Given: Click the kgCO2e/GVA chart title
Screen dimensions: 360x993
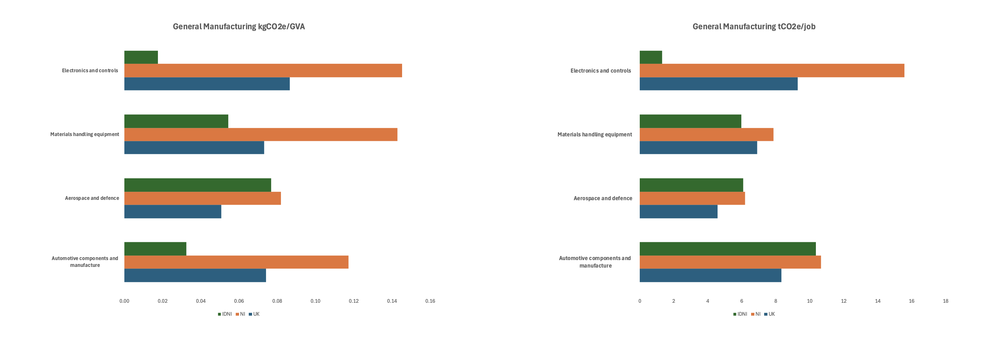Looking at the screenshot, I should tap(239, 27).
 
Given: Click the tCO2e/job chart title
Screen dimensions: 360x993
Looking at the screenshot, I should tap(754, 27).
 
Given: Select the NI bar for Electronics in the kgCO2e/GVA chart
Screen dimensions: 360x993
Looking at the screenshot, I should tap(263, 71).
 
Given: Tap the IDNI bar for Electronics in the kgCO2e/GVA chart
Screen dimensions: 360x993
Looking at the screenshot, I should tap(141, 57).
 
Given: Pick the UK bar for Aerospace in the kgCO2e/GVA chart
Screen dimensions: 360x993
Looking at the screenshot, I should tap(173, 212).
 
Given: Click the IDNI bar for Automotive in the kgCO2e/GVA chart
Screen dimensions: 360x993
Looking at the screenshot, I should tap(155, 249).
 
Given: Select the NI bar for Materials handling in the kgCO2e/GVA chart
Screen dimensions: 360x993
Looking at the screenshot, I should tap(260, 134).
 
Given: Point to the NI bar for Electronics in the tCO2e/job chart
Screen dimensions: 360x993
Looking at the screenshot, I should tap(772, 71).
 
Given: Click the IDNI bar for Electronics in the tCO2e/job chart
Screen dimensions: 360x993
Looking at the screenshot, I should tap(651, 57).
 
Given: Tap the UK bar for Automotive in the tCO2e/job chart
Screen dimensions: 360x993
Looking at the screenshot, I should tap(710, 275).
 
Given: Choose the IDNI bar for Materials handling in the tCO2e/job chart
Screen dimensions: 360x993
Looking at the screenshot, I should tap(690, 121).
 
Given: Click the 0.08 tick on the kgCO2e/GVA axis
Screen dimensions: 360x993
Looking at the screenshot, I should tap(277, 301).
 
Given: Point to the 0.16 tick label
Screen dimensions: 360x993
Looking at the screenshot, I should tap(430, 301).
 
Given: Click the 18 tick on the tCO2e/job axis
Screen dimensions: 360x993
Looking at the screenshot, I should tap(945, 301).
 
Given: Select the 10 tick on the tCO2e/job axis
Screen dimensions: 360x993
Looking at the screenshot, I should tap(809, 301).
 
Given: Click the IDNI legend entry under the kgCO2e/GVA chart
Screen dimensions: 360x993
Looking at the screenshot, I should tap(225, 314).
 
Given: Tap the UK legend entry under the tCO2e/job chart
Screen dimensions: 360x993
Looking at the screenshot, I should tap(769, 314).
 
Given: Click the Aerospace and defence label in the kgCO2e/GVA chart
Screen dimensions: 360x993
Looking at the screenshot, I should tap(92, 198).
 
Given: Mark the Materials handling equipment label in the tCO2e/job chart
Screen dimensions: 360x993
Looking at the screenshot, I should tap(594, 134).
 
